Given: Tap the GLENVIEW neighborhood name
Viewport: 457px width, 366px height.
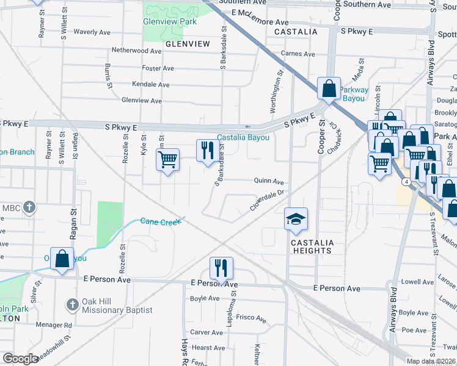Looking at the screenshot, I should [187, 44].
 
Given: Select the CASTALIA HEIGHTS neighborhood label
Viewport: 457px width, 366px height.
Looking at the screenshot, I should [312, 246].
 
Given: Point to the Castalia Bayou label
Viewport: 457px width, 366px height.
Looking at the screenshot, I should [244, 138].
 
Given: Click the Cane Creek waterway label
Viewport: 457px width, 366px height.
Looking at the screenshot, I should [161, 221].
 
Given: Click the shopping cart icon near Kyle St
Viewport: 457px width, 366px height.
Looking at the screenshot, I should [167, 160].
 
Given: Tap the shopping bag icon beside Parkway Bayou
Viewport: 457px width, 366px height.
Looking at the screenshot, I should [329, 88].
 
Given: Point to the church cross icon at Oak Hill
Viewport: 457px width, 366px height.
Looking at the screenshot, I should [72, 304].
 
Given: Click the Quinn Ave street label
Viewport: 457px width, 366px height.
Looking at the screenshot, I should [269, 182].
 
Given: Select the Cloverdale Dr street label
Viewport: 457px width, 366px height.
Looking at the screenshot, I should [268, 200].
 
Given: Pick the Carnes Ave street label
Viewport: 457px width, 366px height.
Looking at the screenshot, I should [298, 54].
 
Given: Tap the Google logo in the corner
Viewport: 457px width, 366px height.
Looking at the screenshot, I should [20, 359].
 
